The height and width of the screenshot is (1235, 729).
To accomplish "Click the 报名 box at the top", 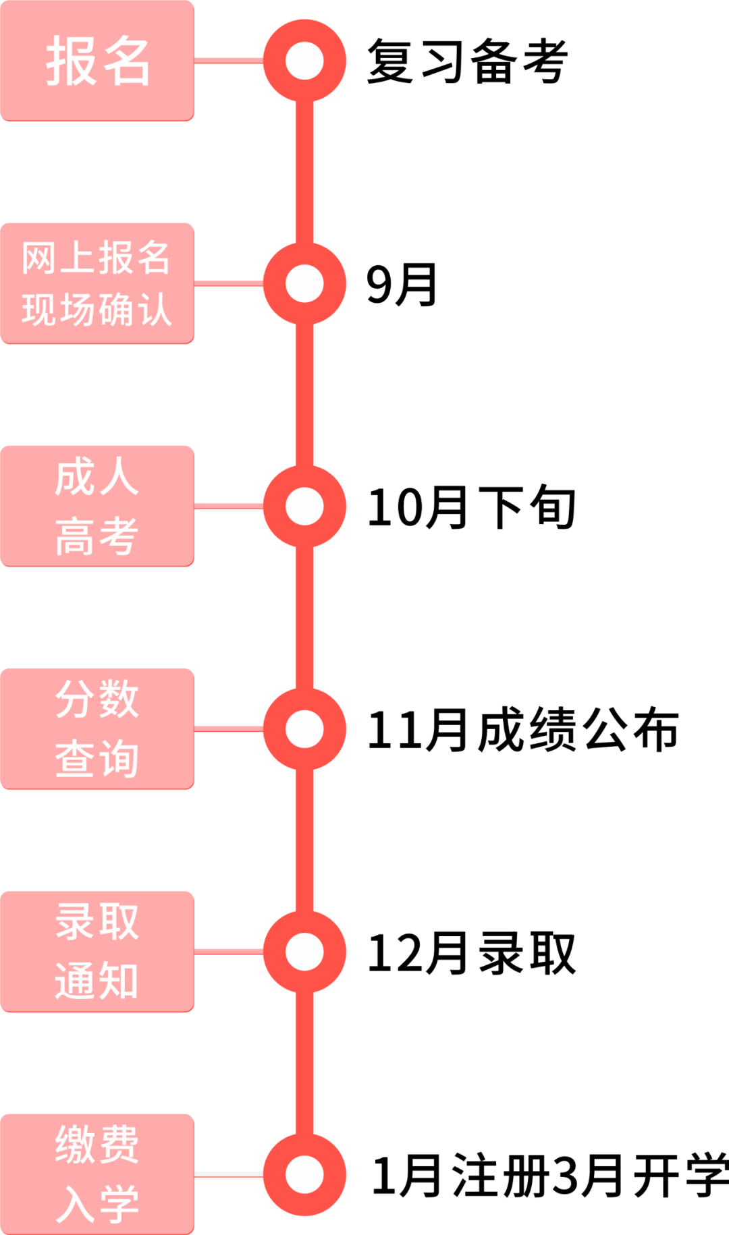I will click(97, 61).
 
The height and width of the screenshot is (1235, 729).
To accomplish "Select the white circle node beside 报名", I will click(304, 61).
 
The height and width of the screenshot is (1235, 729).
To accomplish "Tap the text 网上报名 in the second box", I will click(96, 258).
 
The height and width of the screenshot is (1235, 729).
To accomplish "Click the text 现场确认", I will click(96, 310).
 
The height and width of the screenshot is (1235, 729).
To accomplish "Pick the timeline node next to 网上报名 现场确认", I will click(304, 283).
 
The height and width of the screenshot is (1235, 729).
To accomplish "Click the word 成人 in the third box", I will click(97, 477).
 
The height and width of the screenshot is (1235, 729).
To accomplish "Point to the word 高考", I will click(97, 537).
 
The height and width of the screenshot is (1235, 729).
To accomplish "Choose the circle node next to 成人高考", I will click(304, 506).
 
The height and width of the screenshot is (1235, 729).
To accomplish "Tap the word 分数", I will click(97, 699).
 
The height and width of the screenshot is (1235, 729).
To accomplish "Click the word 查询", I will click(97, 759).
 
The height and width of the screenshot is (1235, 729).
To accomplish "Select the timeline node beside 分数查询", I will click(304, 729).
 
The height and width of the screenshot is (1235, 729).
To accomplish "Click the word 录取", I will click(97, 922).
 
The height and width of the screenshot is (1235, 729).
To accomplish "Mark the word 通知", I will click(97, 981).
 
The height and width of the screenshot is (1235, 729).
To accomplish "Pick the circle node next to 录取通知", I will click(304, 952).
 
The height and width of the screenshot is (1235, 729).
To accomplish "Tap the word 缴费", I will click(97, 1145).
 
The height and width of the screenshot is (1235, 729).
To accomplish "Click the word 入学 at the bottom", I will click(97, 1204).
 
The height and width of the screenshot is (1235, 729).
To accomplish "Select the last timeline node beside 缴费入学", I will click(304, 1174).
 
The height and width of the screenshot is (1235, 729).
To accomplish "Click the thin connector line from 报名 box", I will click(228, 61).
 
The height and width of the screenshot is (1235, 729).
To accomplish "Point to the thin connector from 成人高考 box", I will click(228, 506).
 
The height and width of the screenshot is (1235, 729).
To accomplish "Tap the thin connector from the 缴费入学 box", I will click(228, 1174).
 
